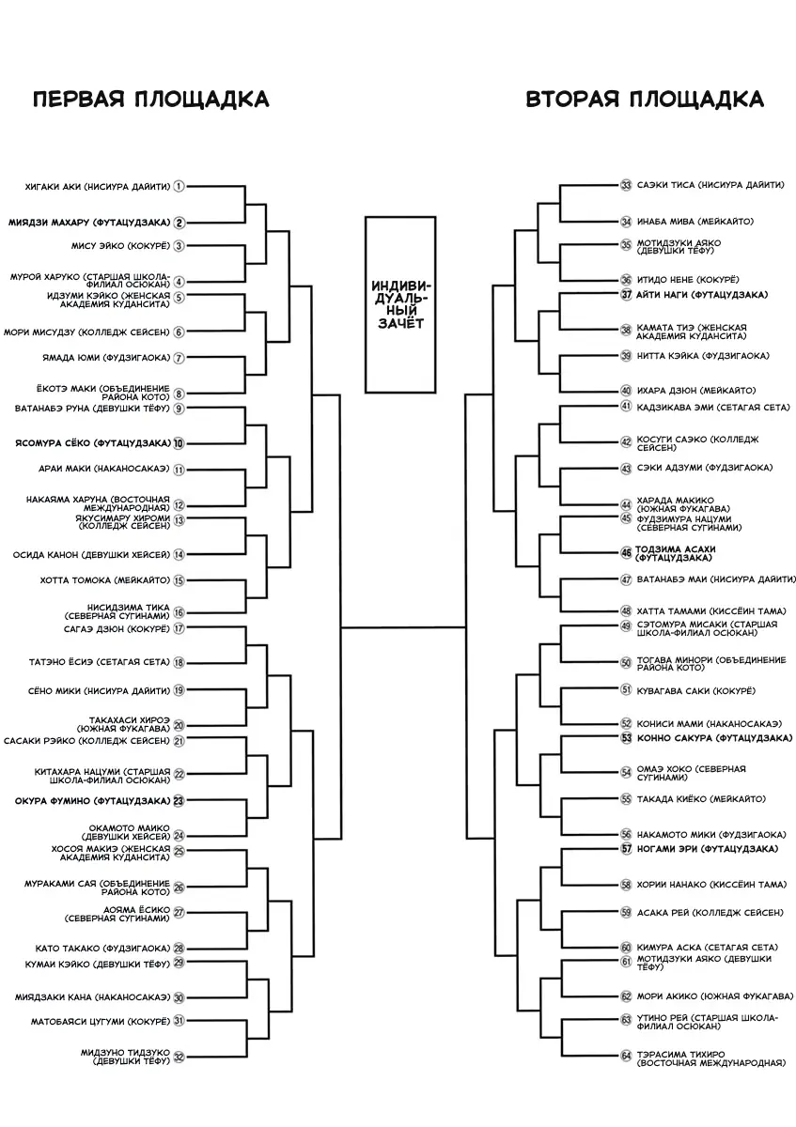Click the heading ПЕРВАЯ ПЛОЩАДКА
pos(151,100)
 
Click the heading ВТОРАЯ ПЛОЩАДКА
pos(645,100)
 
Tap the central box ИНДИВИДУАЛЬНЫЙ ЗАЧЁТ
pos(400,305)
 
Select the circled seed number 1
pos(179,187)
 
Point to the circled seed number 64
pos(626,1055)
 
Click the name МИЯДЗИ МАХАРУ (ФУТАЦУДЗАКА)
pos(89,223)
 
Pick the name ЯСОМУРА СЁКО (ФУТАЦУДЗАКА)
pos(93,443)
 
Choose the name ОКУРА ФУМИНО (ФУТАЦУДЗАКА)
pos(93,800)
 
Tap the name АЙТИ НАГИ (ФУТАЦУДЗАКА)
pos(702,295)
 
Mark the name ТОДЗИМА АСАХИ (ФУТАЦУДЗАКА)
pos(675,553)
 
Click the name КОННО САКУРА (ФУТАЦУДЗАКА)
pos(714,738)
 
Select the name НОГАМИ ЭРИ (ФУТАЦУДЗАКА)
pos(708,849)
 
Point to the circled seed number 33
pos(626,185)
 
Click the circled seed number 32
pos(179,1058)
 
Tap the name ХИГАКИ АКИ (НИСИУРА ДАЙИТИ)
pos(98,187)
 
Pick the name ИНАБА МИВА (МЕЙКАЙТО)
pos(695,222)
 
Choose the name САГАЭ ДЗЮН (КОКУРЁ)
pos(117,629)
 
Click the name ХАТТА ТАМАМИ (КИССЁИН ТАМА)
pos(711,611)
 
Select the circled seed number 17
pos(179,628)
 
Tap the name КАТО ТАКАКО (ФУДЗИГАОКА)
pos(102,949)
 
